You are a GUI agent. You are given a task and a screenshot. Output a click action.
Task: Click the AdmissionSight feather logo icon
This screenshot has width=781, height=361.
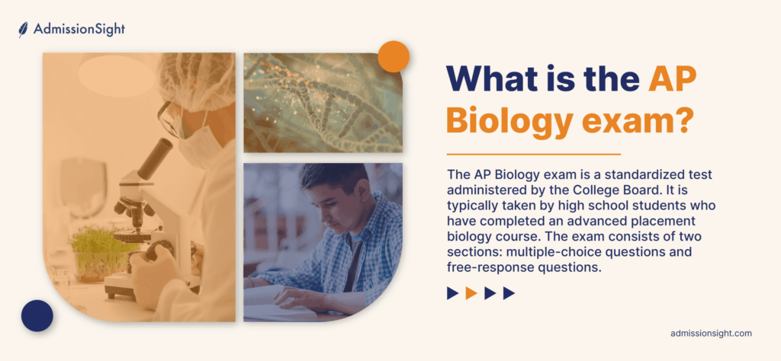coord(23,30)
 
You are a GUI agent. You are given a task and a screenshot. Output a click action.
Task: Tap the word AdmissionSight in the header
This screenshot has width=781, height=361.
coord(79,30)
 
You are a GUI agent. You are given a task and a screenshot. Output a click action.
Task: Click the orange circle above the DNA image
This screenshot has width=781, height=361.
coord(394,56)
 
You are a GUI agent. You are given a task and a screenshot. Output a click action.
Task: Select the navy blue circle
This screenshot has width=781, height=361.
coord(37,316)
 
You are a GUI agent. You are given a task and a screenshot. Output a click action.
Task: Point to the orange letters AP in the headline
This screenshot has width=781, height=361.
coord(672,78)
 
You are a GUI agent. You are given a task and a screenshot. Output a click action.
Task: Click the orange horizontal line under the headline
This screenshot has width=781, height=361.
coord(533,155)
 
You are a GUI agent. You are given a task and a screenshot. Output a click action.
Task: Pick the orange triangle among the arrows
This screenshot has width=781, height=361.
coord(471,293)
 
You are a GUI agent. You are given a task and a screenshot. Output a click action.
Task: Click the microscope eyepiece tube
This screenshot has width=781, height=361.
coord(156,158)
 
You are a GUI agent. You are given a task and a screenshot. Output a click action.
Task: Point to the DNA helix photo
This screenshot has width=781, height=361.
coord(323,103)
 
